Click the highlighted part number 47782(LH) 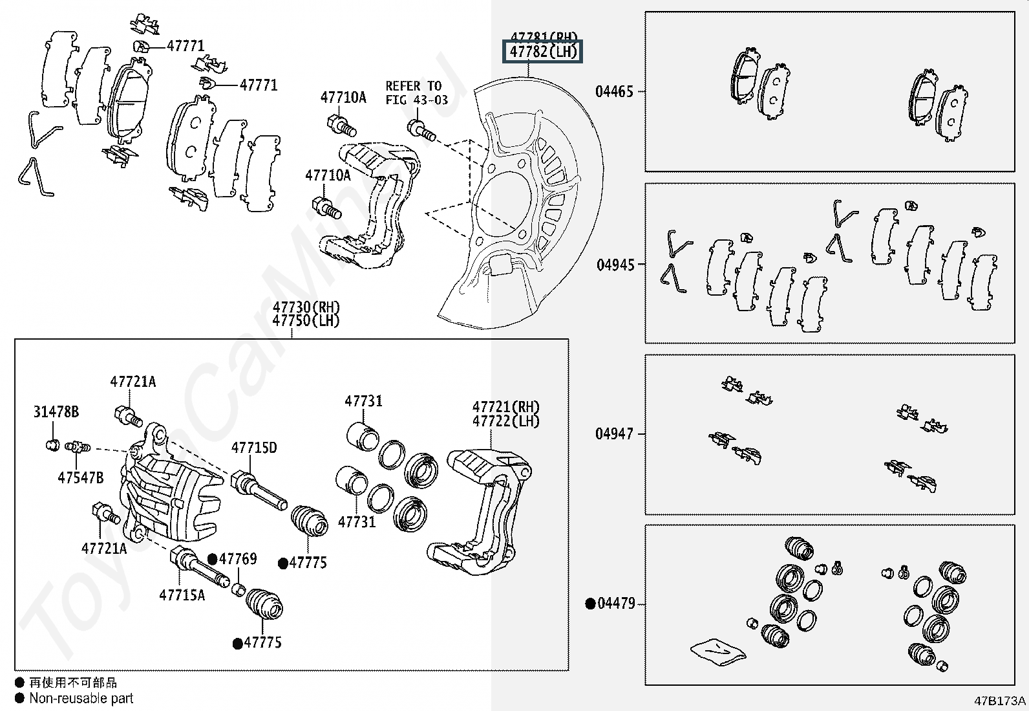(543, 51)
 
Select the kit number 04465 (614, 91)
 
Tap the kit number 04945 (615, 265)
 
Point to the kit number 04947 (614, 433)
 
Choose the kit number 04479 (617, 603)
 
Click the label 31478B (56, 411)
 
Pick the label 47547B (80, 477)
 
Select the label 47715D (254, 448)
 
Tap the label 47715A (182, 595)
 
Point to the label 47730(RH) (306, 307)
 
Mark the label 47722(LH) (505, 421)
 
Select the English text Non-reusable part (81, 699)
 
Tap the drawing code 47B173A (1000, 701)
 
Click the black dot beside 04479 (590, 604)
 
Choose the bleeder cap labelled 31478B (53, 445)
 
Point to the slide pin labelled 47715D (259, 491)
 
